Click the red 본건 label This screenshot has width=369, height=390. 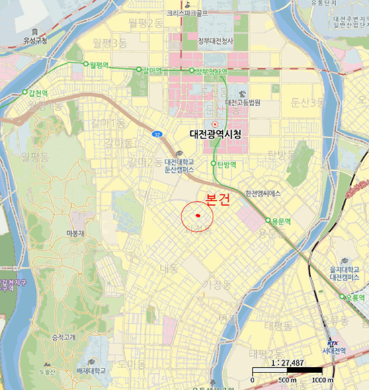(x=218, y=201)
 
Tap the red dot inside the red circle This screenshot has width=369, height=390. (x=198, y=216)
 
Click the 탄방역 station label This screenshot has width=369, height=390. (x=226, y=164)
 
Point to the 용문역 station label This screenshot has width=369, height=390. (x=280, y=221)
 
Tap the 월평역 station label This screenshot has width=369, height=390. (x=100, y=64)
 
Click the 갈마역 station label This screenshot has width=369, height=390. (x=152, y=70)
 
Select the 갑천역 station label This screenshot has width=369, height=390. (x=38, y=92)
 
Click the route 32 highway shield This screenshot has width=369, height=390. (x=158, y=134)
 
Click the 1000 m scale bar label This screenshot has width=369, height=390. (x=323, y=380)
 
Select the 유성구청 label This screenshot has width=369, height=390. (x=35, y=40)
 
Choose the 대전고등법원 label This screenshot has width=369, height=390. (x=243, y=103)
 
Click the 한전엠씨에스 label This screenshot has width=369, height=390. (x=263, y=193)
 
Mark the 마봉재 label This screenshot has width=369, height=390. (x=75, y=233)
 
